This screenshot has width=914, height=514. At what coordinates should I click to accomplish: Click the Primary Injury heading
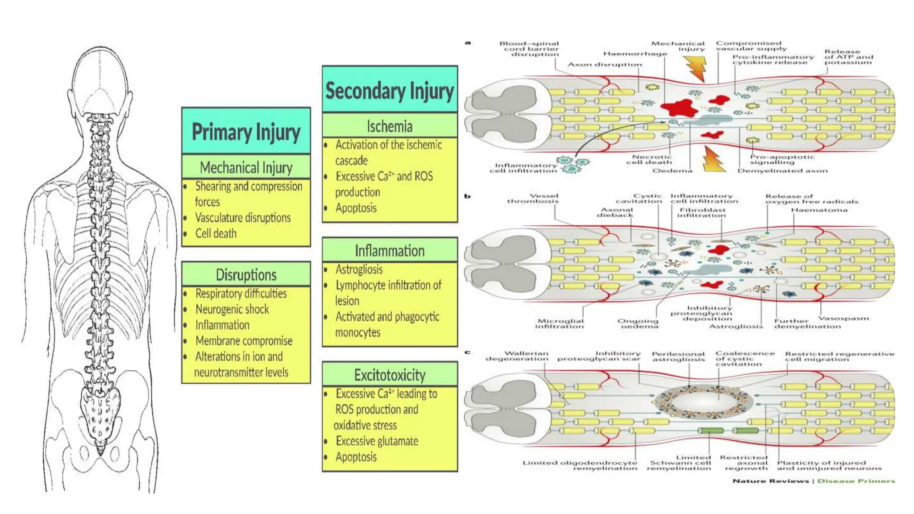click(x=246, y=132)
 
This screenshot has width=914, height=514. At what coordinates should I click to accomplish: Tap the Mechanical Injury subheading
click(x=246, y=168)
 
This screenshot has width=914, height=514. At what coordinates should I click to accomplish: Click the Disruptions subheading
click(x=246, y=275)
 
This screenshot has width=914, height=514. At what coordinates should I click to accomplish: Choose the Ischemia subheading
click(x=390, y=126)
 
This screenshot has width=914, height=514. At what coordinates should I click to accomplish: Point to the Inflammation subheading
click(x=390, y=251)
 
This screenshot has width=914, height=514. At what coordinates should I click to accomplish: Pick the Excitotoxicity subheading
click(x=390, y=375)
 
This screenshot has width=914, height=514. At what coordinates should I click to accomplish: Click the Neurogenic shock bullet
click(x=232, y=309)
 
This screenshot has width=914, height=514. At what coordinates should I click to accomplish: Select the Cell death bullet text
click(x=216, y=233)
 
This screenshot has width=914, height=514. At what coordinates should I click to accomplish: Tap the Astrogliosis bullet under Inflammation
click(x=359, y=269)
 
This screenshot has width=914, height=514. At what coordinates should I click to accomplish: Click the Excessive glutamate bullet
click(x=377, y=441)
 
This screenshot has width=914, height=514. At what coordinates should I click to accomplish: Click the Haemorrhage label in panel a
click(x=635, y=54)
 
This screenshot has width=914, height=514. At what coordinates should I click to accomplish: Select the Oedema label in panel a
click(x=672, y=170)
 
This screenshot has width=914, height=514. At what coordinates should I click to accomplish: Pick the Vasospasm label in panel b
click(x=843, y=319)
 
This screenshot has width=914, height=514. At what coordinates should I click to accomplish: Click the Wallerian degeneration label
click(x=517, y=356)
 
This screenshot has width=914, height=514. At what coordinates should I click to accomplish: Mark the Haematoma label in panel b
click(x=819, y=210)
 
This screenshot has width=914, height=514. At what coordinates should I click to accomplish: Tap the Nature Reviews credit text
click(x=771, y=481)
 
